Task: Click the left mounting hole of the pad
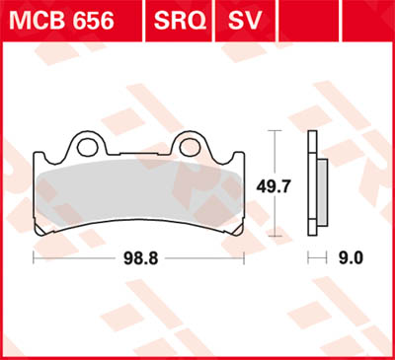(x=87, y=148)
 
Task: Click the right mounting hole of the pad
(x=191, y=148)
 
